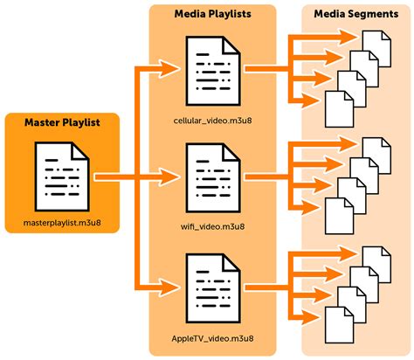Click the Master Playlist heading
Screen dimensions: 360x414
(60, 121)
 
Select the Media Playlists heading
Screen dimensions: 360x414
(213, 15)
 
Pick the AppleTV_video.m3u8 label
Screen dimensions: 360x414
(213, 336)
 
